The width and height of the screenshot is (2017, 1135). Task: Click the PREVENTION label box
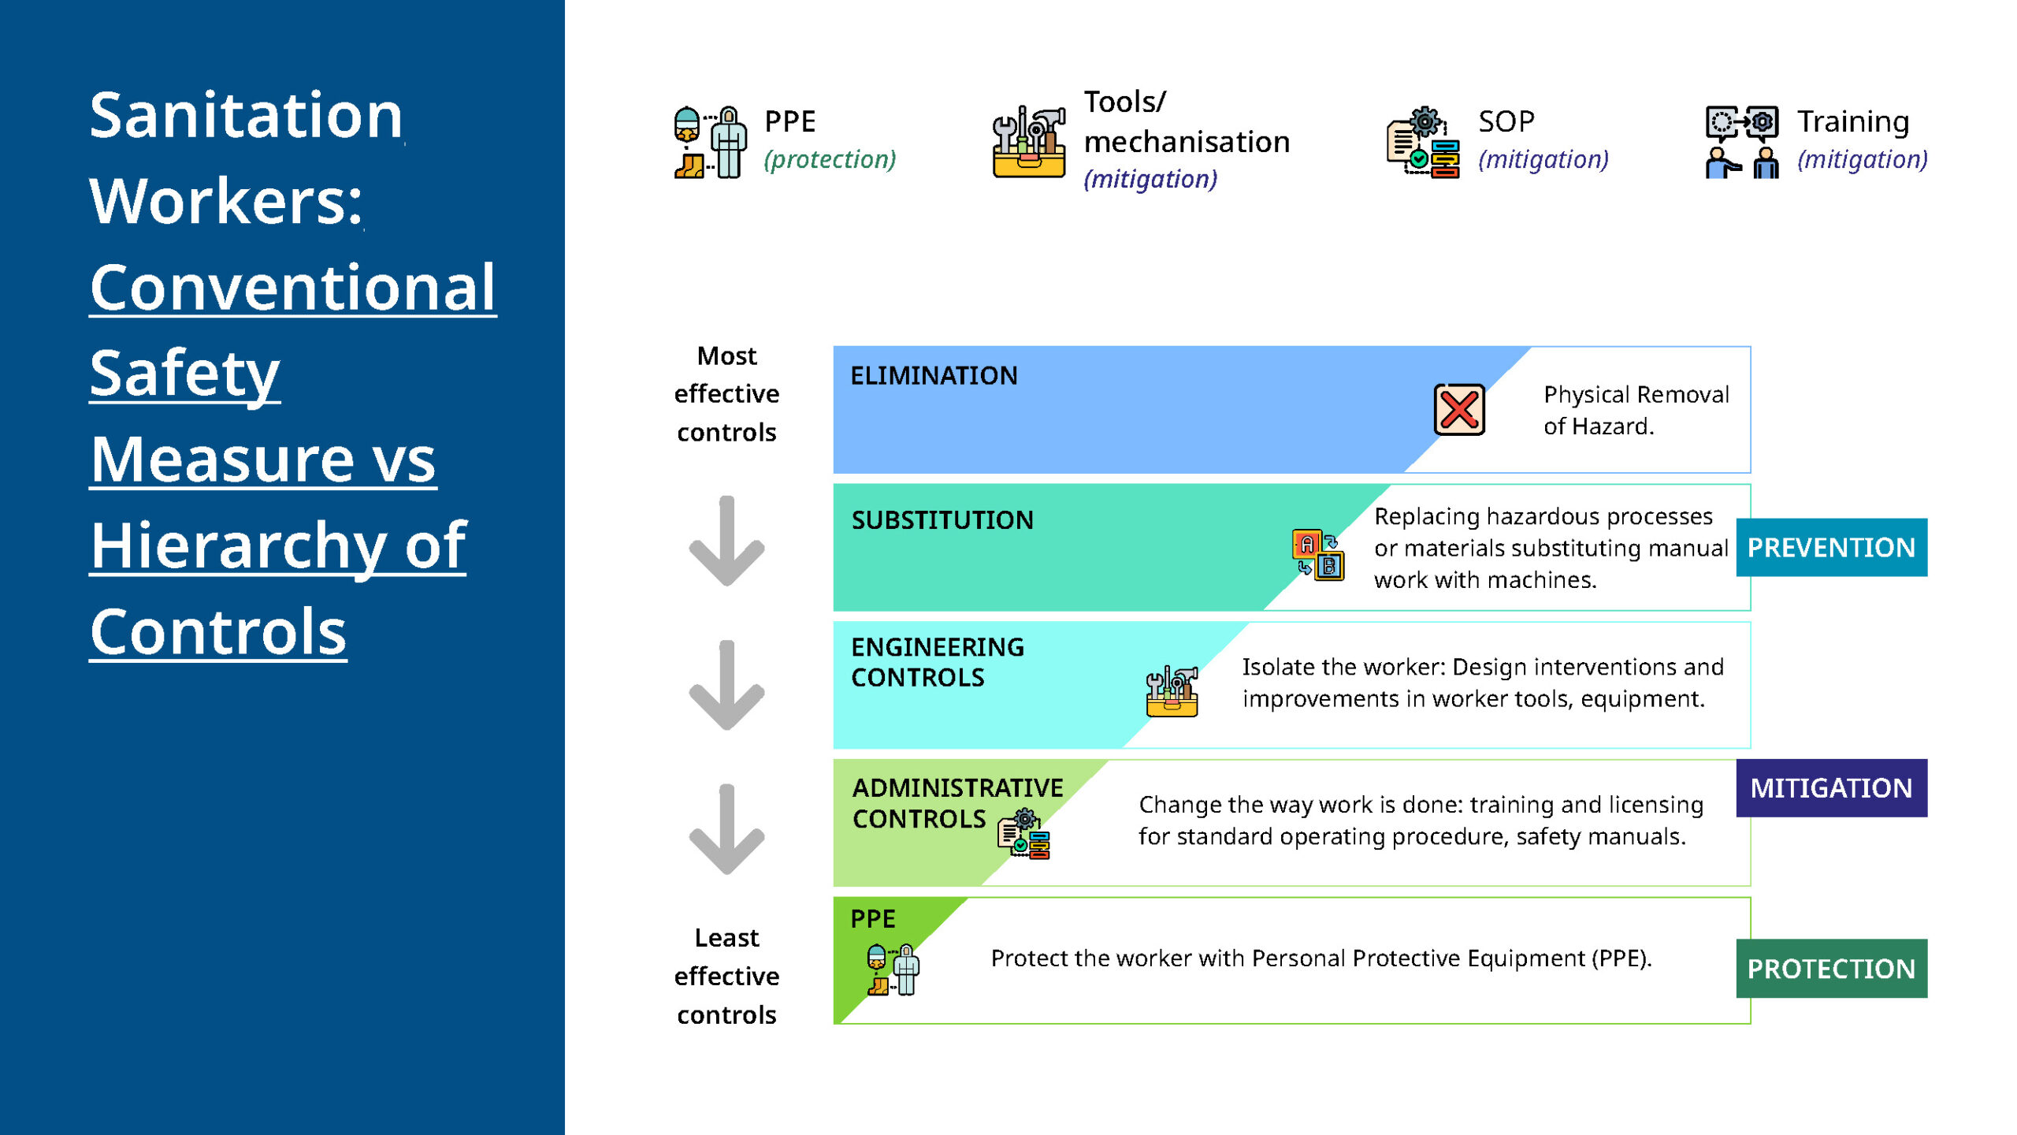(1831, 547)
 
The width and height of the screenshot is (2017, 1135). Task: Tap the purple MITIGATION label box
(1831, 787)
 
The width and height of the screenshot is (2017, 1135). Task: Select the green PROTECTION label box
(1831, 968)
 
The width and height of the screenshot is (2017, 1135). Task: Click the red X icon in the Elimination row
(1459, 410)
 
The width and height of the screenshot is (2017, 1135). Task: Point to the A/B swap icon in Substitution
(1318, 554)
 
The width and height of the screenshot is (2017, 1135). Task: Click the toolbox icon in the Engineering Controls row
(1172, 691)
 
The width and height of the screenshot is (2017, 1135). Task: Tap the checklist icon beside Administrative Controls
(1024, 834)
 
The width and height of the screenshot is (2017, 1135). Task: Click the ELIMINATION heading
(934, 375)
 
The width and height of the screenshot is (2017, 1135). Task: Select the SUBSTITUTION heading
(942, 520)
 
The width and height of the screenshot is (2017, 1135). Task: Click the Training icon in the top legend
(1741, 143)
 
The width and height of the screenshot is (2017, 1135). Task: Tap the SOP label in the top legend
(1506, 121)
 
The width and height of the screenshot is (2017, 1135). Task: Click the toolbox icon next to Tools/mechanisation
(1029, 143)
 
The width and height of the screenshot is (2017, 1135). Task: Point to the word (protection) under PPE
(830, 160)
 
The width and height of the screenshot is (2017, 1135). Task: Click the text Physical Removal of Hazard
(1636, 410)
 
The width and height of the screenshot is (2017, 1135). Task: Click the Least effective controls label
(726, 976)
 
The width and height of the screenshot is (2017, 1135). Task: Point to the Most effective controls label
(726, 393)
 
